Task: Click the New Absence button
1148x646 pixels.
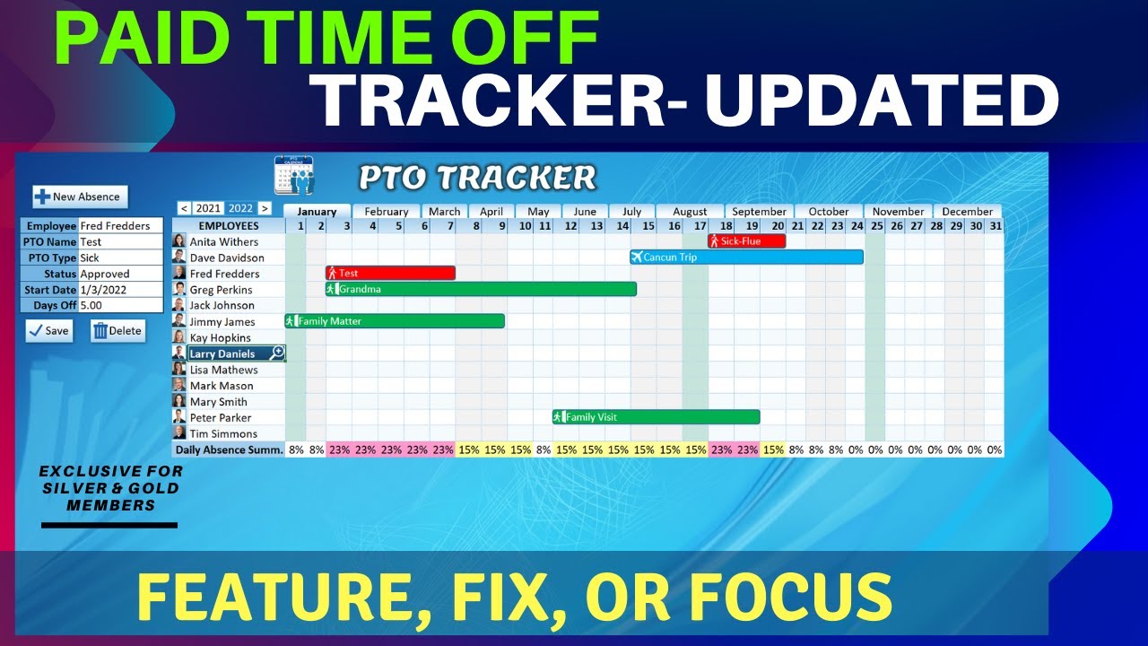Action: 81,196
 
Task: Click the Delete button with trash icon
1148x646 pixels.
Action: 117,331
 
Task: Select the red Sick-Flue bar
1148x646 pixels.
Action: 746,241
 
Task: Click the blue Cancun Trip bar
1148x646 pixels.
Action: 746,258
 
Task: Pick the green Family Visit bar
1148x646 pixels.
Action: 656,417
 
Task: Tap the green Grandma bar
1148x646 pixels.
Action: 481,289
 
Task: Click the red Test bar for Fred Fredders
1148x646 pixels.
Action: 390,273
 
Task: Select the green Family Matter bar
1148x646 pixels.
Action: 395,321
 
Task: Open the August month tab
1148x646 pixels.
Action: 690,212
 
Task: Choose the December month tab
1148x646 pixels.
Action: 967,212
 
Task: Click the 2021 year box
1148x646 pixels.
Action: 208,208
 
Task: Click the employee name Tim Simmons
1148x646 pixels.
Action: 223,433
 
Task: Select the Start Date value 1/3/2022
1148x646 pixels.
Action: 120,290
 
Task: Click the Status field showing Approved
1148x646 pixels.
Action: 120,274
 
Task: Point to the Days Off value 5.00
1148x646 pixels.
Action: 120,306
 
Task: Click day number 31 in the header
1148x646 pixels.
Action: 994,226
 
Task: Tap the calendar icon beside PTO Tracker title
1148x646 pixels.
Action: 294,176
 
